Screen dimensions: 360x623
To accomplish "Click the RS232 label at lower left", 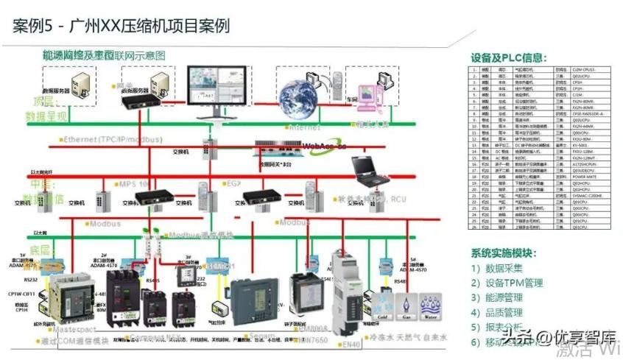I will (30, 280).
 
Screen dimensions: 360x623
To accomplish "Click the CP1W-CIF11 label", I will (21, 293).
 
